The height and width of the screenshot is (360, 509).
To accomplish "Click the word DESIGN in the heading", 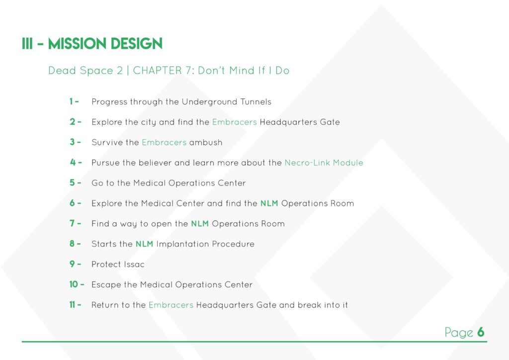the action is click(137, 44).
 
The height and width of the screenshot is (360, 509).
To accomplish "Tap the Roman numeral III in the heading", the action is click(27, 44).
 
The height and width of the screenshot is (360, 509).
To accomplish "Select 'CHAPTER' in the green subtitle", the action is click(158, 71).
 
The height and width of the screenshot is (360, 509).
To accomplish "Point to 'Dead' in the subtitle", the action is click(62, 71).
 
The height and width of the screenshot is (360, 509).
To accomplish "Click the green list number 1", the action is click(71, 101).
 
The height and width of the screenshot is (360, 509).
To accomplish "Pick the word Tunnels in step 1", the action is click(256, 101).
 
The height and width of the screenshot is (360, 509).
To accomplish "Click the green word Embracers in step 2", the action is click(235, 122).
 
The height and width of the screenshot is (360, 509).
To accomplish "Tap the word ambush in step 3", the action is click(206, 143).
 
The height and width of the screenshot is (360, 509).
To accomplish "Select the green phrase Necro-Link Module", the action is click(324, 163).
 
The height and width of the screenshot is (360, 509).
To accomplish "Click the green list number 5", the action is click(72, 183).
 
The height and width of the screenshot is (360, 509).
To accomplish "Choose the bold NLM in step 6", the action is click(269, 203).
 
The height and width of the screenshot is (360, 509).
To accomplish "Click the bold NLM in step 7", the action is click(200, 224).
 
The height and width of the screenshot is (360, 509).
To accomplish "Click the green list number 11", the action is click(72, 304).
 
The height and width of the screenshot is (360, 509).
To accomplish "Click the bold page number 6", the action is click(481, 332).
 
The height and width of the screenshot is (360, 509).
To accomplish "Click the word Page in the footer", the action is click(459, 333).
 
